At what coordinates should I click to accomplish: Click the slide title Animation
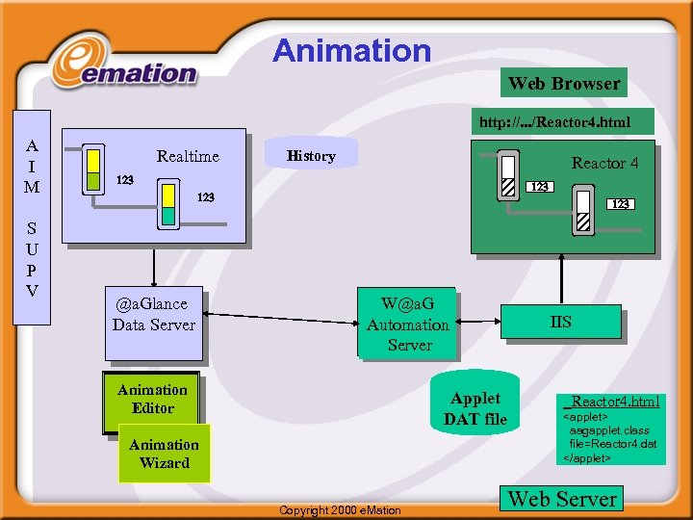pos(351,50)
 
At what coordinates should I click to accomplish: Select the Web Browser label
pos(564,83)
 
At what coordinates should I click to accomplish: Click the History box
pos(311,155)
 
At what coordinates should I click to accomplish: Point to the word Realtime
pos(188,156)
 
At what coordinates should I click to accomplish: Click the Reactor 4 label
pos(604,163)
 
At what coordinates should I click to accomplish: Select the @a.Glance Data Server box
pos(154,314)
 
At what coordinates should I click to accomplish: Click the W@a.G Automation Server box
pos(408,325)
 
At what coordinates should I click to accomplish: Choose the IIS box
pos(560,323)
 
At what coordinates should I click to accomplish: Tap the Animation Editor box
pos(152,399)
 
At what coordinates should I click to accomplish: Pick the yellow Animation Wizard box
pos(164,454)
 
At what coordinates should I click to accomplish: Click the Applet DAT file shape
pos(475,407)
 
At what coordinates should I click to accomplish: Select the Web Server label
pos(562,499)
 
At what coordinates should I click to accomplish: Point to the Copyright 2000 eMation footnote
pos(339,509)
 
